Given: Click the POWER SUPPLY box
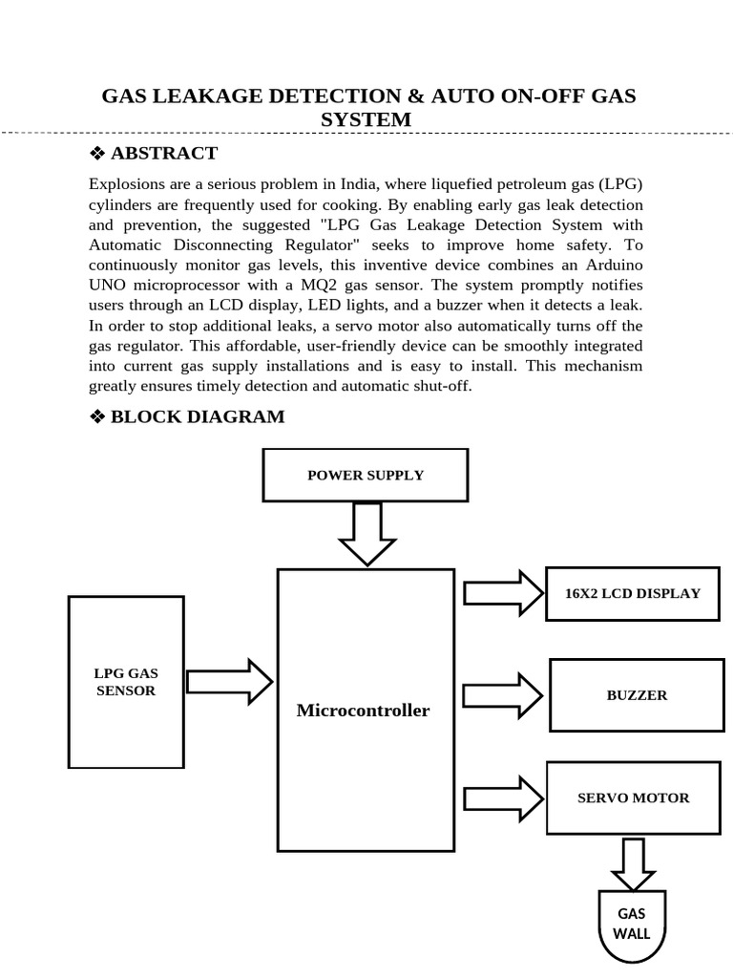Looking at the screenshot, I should [x=365, y=475].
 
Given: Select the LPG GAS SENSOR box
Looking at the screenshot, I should [x=126, y=682].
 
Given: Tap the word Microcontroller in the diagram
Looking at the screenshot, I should [x=363, y=711].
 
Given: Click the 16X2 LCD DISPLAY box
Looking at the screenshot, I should [x=632, y=593].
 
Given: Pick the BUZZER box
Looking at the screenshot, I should [x=637, y=695].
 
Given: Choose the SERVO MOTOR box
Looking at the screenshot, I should [x=633, y=797].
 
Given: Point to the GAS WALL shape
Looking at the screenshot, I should [x=633, y=925].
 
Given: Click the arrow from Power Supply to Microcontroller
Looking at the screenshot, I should [x=366, y=533].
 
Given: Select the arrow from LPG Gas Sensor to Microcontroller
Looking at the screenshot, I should [x=229, y=681].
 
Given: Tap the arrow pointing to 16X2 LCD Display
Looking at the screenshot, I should [x=502, y=592].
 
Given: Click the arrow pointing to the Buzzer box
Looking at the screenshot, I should [x=502, y=695].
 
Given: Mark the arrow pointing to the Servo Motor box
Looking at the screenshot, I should [x=502, y=798].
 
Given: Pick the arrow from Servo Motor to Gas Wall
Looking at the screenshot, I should [x=633, y=863].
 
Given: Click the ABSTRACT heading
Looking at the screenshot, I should [x=164, y=153].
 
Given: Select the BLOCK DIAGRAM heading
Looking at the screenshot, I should [x=198, y=416].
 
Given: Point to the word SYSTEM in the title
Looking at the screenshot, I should [x=367, y=119].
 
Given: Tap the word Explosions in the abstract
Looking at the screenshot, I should [x=127, y=183].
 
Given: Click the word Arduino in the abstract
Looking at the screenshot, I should [x=607, y=265].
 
